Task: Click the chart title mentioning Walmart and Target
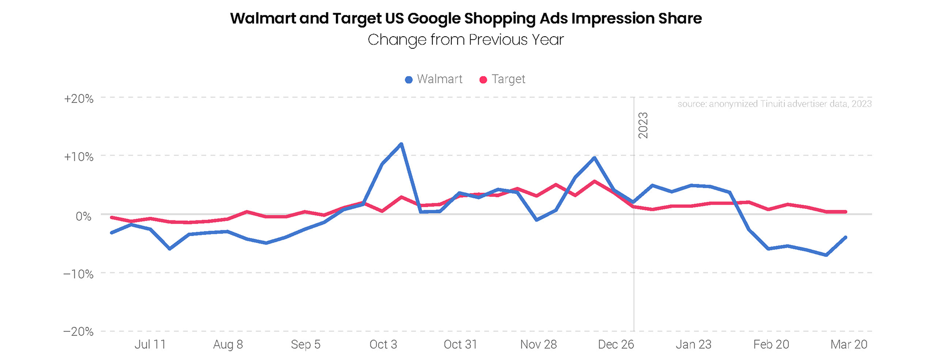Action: point(465,18)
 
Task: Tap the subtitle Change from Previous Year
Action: point(465,40)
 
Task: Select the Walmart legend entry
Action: point(434,79)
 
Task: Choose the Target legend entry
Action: point(502,79)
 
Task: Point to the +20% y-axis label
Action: point(79,99)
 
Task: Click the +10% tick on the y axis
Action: point(79,157)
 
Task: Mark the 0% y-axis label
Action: point(83,216)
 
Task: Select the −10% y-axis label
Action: point(79,274)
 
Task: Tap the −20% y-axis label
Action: point(79,332)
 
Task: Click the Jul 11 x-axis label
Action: point(150,345)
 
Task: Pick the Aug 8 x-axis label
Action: point(228,345)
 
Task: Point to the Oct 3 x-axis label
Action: point(383,345)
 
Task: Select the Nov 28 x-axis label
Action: point(538,345)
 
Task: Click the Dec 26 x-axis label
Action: point(616,345)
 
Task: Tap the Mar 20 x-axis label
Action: point(849,345)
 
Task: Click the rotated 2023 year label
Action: point(643,125)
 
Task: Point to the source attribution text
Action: point(774,104)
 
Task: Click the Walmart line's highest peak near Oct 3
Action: point(401,144)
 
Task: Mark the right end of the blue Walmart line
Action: point(845,237)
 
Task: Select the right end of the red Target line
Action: point(845,211)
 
